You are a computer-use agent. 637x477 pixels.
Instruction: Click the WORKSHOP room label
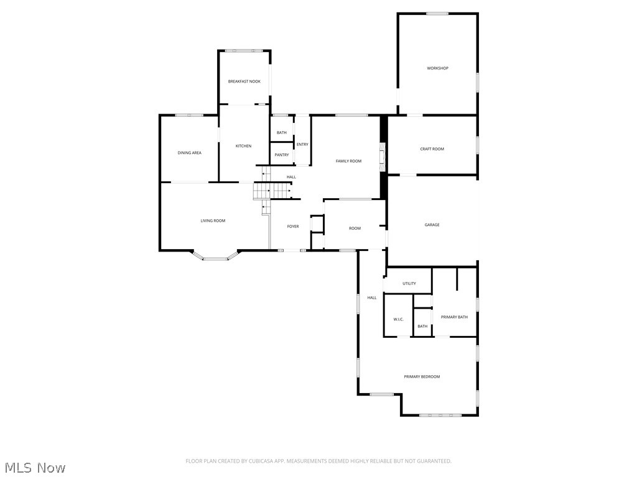coord(437,68)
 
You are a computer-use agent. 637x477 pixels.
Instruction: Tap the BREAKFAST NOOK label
coord(244,81)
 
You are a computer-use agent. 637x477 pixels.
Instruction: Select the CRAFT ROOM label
coord(432,149)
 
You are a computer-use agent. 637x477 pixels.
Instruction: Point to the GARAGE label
coord(432,225)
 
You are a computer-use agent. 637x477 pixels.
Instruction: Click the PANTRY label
coord(282,155)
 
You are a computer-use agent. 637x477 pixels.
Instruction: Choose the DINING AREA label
coord(189,153)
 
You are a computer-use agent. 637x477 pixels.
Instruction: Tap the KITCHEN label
coord(243,146)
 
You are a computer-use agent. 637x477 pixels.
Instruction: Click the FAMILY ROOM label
coord(348,161)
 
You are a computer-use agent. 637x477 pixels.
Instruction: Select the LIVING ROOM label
coord(213,220)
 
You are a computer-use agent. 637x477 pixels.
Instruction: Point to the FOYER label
coord(292,227)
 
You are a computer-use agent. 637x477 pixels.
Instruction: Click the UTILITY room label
coord(409,284)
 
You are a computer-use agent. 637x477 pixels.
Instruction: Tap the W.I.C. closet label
coord(398,319)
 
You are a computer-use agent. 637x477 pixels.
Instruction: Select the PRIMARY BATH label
coord(454,317)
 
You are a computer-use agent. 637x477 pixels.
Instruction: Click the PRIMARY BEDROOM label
coord(422,377)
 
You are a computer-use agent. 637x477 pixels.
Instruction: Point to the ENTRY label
coord(302,145)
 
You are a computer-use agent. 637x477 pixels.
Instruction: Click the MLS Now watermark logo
coord(35,467)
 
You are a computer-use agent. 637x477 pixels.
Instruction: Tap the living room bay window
coord(216,257)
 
